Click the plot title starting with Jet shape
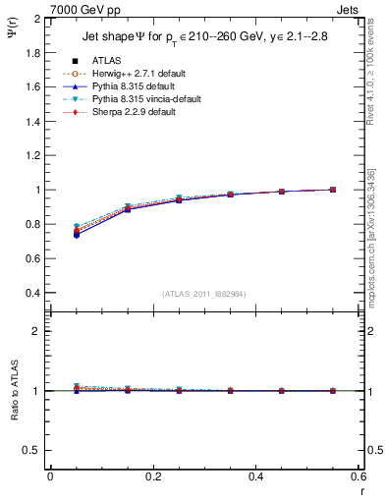(x=202, y=38)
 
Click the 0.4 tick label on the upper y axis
(x=32, y=293)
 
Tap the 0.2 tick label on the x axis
(x=152, y=476)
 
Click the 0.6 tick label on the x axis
(x=358, y=476)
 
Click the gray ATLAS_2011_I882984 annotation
(x=203, y=293)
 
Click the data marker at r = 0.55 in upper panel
(x=332, y=190)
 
